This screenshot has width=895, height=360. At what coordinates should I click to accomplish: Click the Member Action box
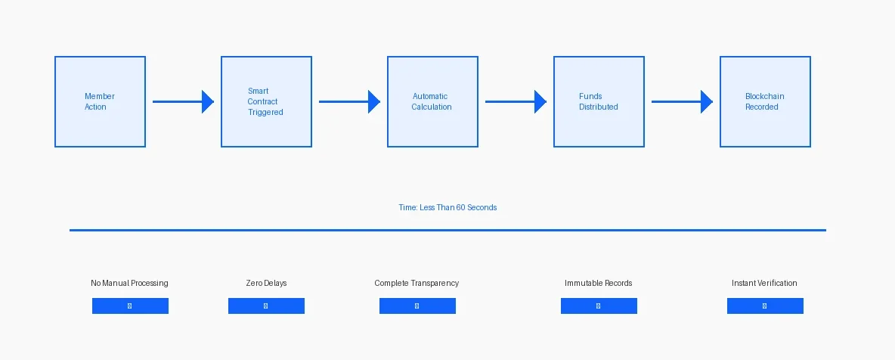(x=100, y=101)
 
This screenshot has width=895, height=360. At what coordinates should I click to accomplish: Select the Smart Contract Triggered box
(x=266, y=101)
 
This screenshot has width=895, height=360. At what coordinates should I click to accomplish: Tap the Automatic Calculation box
(x=432, y=101)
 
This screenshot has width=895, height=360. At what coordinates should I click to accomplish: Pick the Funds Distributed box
(x=599, y=101)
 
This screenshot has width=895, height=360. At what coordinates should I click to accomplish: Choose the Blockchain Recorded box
(x=765, y=101)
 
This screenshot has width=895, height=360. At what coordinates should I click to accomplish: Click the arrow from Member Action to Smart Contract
(x=183, y=101)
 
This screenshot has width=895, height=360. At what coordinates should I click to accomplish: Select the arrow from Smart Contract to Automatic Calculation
(x=349, y=101)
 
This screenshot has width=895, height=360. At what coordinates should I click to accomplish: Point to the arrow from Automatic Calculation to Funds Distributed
(x=516, y=101)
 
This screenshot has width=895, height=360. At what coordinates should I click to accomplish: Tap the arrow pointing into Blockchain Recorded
(x=682, y=101)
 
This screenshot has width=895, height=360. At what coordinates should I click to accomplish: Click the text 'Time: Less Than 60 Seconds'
(x=447, y=207)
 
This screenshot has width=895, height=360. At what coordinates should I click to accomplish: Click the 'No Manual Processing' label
(x=129, y=283)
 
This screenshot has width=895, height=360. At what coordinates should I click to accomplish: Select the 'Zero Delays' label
(x=266, y=283)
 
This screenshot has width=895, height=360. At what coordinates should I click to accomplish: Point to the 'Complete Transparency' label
(x=417, y=283)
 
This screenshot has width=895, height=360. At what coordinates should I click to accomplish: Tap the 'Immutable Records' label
(x=598, y=283)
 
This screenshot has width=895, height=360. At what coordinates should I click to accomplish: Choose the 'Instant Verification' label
(x=764, y=283)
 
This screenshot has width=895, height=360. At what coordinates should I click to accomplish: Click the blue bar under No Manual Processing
(x=130, y=306)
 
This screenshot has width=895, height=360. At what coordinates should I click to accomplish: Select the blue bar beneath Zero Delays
(x=266, y=306)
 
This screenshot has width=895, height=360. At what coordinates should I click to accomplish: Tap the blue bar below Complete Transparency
(x=417, y=306)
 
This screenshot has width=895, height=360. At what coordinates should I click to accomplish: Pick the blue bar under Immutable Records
(x=599, y=306)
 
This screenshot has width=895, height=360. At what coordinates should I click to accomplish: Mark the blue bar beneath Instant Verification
(x=765, y=306)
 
